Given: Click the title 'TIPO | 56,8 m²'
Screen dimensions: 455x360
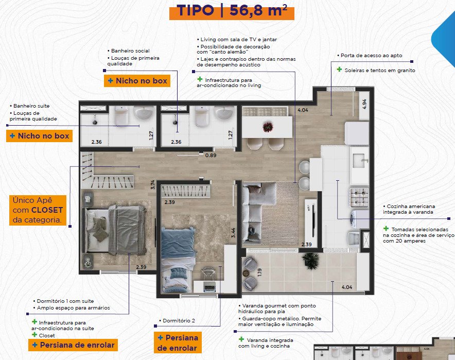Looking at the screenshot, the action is [x=232, y=10].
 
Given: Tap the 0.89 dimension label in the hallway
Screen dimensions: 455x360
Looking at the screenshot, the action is [x=211, y=156].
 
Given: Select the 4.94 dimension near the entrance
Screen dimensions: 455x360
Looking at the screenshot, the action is [x=364, y=104].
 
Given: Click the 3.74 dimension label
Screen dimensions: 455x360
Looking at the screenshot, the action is [x=153, y=185].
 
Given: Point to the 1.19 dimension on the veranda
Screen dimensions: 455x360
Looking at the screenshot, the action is [x=259, y=272].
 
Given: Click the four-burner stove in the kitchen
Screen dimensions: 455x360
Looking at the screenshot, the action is [x=359, y=197].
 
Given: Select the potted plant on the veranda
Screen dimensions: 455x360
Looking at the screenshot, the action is [x=311, y=260].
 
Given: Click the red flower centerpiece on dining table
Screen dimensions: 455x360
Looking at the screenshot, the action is [x=268, y=127].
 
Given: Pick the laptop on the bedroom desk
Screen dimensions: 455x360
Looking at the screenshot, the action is [x=209, y=286].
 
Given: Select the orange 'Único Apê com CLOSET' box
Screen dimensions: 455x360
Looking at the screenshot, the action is [x=38, y=210].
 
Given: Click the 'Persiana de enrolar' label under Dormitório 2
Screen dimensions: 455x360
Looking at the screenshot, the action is [x=178, y=342].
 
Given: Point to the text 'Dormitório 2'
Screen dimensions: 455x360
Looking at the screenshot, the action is [x=179, y=320].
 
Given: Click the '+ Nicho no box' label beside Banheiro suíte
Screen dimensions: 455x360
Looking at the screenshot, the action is [x=39, y=136].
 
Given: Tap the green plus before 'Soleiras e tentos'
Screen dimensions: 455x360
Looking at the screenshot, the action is [x=339, y=70].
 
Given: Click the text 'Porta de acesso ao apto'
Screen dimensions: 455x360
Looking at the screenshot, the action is [x=371, y=56].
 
